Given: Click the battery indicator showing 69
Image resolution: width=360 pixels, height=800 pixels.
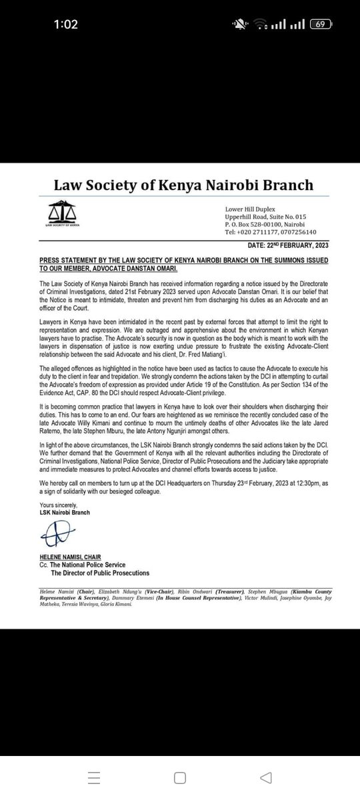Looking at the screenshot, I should point(321,25).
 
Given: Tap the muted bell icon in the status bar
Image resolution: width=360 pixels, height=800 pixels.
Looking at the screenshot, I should point(240,25).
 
